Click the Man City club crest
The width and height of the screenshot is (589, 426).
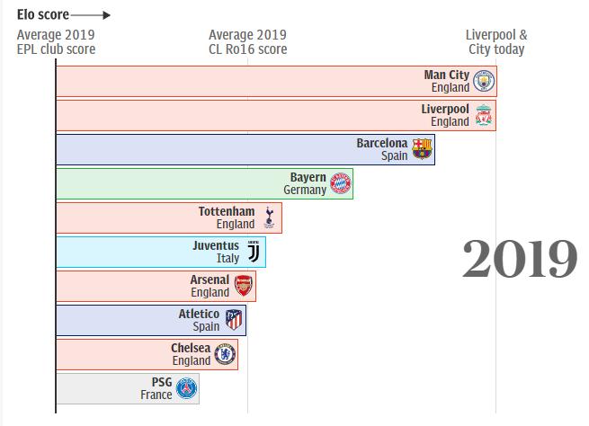[x=484, y=82]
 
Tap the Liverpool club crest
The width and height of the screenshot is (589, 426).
[x=484, y=115]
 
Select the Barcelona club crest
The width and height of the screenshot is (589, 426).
[x=422, y=149]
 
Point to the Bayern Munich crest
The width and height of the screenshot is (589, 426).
[x=340, y=183]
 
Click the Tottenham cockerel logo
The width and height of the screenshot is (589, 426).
[x=269, y=217]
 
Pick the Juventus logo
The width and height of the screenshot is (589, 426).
[x=253, y=252]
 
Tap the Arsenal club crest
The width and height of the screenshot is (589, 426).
[x=243, y=287]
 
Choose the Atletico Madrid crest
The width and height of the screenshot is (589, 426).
[x=234, y=320]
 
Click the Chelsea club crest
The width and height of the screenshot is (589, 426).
[x=225, y=354]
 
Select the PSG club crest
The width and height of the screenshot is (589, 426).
[x=187, y=388]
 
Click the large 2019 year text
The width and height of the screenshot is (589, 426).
[x=520, y=259]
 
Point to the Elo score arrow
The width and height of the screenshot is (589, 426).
[x=90, y=15]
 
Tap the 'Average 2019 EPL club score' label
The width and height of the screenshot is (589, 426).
[x=56, y=42]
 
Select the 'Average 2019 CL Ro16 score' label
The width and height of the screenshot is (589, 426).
[x=247, y=42]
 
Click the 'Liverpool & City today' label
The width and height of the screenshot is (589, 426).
[x=496, y=42]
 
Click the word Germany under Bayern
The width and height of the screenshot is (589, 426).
[x=305, y=191]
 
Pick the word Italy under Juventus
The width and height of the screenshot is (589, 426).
[x=228, y=259]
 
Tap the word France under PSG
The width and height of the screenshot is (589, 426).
[x=156, y=395]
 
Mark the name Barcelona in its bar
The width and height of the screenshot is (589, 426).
[x=381, y=143]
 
